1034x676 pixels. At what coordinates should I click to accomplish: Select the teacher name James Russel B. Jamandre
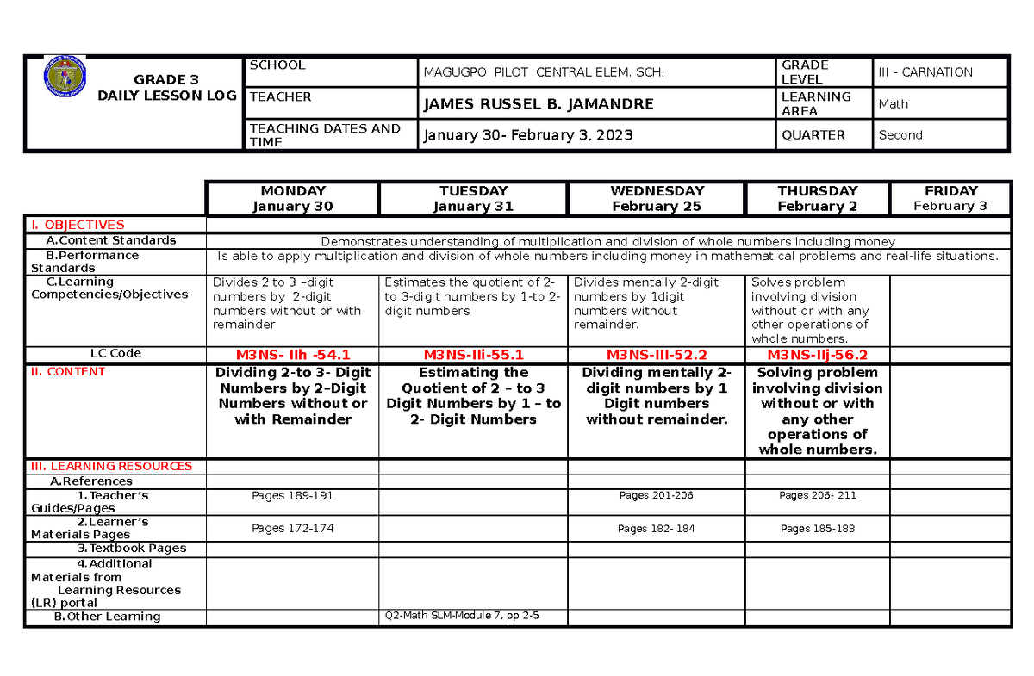click(537, 104)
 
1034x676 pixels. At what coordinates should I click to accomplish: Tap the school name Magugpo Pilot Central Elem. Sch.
click(544, 72)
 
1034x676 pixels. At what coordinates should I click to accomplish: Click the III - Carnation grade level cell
click(925, 72)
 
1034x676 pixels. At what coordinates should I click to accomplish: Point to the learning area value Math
click(894, 104)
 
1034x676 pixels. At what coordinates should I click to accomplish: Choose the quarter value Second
click(900, 135)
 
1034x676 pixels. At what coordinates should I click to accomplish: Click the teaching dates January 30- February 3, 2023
click(527, 135)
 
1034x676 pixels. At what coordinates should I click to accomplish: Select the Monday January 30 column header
click(293, 198)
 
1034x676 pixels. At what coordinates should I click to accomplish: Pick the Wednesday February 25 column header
click(657, 198)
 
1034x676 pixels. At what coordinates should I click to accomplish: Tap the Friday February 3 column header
click(950, 198)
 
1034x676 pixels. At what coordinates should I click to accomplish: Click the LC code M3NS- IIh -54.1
click(293, 354)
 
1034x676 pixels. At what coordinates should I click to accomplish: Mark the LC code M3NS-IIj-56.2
click(816, 354)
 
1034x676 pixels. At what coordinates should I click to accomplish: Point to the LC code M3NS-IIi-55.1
click(473, 354)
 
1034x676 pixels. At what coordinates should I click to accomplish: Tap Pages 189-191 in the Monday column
click(292, 496)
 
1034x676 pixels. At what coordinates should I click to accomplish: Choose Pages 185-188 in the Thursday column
click(817, 529)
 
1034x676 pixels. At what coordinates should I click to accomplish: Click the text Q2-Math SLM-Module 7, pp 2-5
click(462, 616)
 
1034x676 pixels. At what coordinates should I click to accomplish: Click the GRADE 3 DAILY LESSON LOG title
click(166, 88)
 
